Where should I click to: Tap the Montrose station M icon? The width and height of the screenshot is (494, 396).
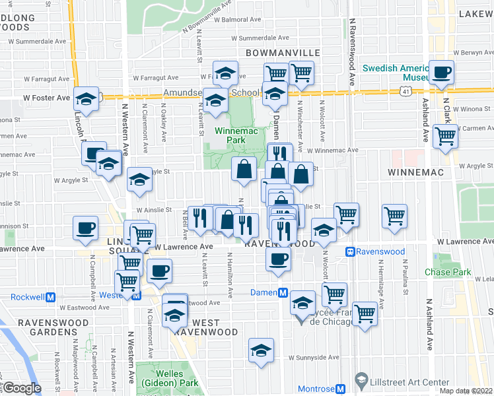click(341, 389)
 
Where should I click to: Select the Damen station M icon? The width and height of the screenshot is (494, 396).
click(282, 293)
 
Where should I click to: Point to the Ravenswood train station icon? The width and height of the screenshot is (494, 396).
click(350, 251)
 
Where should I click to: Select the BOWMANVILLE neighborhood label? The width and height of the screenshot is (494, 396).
click(283, 52)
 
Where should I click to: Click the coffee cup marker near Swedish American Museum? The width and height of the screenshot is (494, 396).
click(441, 73)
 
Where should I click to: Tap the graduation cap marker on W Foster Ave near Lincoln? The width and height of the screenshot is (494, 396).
click(85, 99)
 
